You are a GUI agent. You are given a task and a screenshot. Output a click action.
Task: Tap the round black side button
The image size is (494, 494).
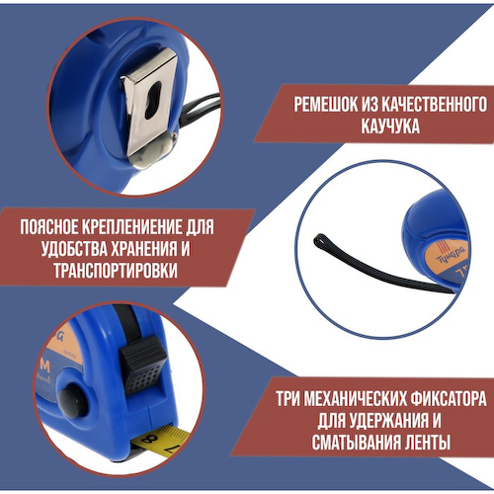(69, 400)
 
